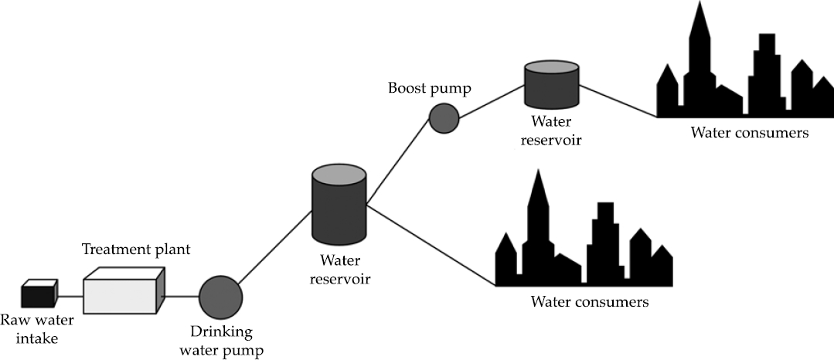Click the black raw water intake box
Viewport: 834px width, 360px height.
pos(39,297)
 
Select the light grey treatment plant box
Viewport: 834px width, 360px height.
pos(123,292)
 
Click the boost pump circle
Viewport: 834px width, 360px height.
pos(444,118)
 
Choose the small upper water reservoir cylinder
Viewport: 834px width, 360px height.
pos(551,86)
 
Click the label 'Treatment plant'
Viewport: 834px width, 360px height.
pos(136,250)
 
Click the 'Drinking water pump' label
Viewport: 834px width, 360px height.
pos(222,341)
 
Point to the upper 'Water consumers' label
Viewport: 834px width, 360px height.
pos(749,133)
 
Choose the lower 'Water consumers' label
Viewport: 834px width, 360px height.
pos(589,301)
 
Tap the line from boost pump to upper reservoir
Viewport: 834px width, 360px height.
pos(492,101)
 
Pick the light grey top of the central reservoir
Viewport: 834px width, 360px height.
pos(339,175)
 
